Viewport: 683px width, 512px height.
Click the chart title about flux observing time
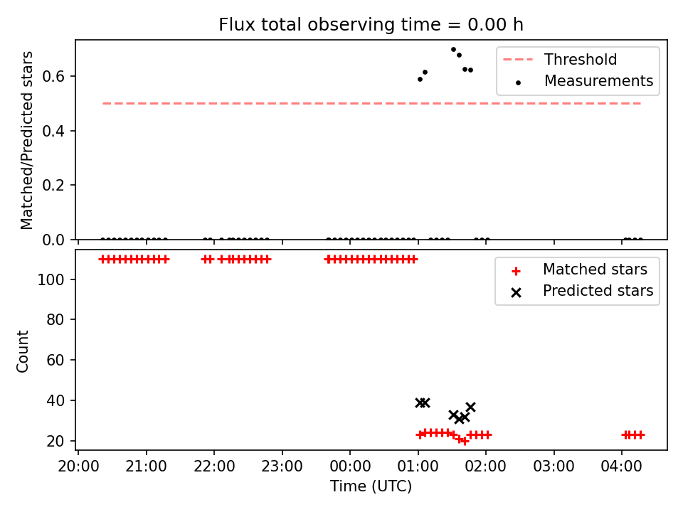coord(371,25)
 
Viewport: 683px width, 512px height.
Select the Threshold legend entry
coord(560,59)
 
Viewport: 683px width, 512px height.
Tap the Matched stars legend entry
coord(579,270)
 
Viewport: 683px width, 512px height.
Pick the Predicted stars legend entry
coord(583,291)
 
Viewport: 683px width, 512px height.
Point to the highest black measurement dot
coord(453,50)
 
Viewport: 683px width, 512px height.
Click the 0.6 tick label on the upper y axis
coord(53,77)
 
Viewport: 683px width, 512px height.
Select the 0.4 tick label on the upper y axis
coord(53,131)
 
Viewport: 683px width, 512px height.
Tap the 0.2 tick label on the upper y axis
coord(53,186)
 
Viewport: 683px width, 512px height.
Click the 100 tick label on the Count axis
coord(51,279)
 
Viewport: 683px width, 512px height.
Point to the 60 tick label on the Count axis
coord(55,360)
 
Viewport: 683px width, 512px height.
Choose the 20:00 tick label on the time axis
coord(78,466)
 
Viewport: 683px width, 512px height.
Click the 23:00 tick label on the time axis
coord(282,466)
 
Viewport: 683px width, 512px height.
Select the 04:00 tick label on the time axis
coord(622,466)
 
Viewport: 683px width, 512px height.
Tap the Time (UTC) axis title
coord(371,486)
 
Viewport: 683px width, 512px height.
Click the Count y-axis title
coord(22,351)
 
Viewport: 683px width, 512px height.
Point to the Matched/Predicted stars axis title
coord(26,140)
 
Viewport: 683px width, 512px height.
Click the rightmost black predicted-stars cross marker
coord(470,407)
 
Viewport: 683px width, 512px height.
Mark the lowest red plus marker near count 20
coord(465,442)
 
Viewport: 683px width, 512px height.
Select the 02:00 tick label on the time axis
coord(486,466)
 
